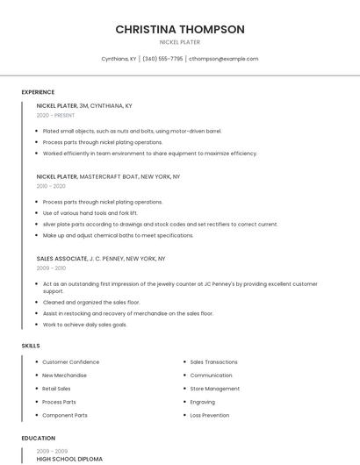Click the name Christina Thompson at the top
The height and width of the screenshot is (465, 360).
pos(180,30)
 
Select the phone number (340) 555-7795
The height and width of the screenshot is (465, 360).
pos(162,59)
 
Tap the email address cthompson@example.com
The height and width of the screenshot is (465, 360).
pos(224,59)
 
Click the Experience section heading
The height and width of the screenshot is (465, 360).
pos(38,92)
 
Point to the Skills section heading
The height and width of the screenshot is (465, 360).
pos(31,346)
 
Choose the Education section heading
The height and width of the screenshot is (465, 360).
pos(39,438)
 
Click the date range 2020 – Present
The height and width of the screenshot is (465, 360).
pos(55,116)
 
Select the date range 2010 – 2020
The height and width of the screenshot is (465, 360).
pos(51,186)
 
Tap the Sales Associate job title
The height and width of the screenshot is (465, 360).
pos(61,259)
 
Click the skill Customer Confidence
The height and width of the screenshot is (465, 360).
pos(70,361)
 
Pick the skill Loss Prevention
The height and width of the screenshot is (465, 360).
pos(210,415)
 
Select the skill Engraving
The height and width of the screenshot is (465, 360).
pos(202,402)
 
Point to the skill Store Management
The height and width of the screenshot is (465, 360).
pos(214,389)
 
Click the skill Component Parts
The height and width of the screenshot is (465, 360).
pos(65,415)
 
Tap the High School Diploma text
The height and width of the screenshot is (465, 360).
pos(69,459)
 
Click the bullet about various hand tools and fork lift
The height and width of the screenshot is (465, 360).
pos(90,213)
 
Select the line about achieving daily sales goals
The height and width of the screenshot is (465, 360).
pos(84,325)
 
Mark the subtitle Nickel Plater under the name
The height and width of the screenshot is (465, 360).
pos(180,42)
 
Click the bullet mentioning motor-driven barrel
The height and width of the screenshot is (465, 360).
pos(132,131)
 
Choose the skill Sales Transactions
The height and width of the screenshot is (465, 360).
pos(213,361)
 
